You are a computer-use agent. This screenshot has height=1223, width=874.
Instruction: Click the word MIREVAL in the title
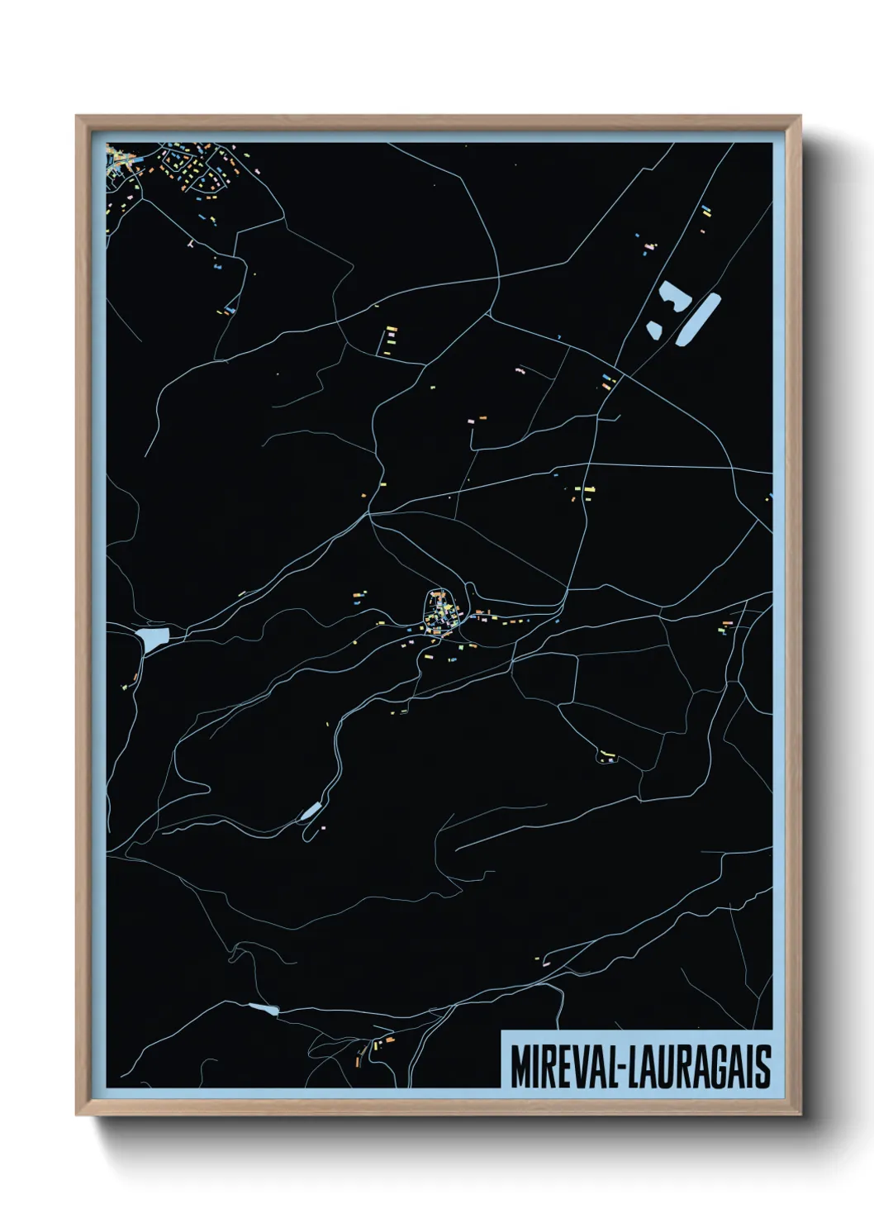(x=562, y=1068)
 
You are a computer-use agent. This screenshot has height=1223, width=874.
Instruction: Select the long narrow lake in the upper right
(x=699, y=319)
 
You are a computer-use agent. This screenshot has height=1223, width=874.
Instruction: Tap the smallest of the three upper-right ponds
(x=653, y=330)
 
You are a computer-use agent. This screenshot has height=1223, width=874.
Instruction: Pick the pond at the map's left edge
(x=154, y=637)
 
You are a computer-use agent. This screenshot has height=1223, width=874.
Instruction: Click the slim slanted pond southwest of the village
(x=311, y=811)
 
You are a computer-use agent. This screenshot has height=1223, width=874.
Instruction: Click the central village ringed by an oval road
(x=439, y=611)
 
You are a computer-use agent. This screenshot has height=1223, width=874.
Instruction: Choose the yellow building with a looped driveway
(x=607, y=754)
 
